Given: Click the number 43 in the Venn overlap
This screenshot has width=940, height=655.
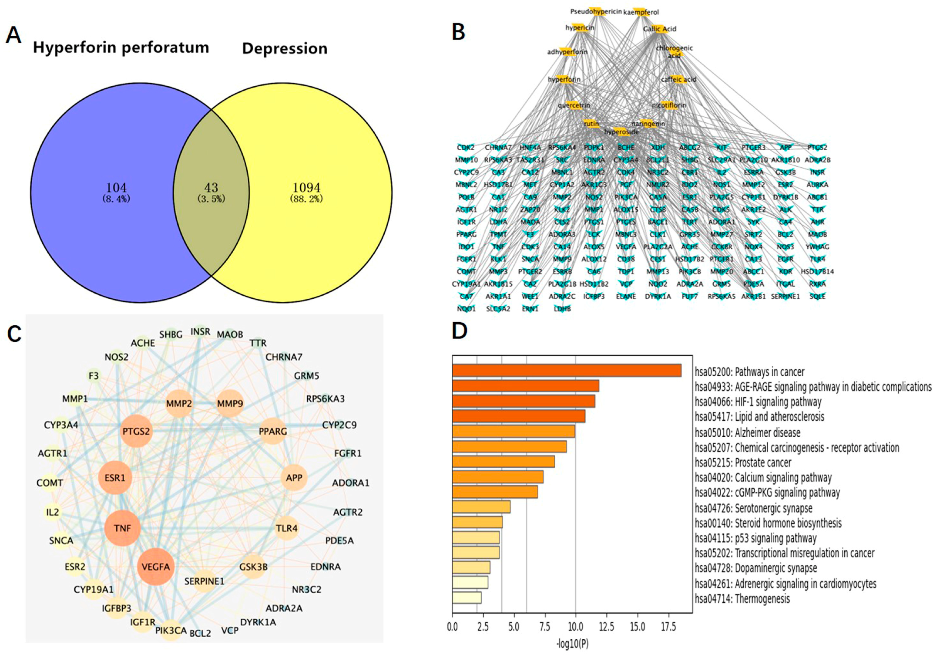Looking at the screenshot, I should (211, 188).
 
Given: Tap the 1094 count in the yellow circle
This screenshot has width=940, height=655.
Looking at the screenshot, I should (306, 188).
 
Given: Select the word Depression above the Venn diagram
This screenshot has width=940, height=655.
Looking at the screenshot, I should (285, 48).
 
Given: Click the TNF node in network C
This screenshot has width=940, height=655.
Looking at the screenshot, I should (122, 528).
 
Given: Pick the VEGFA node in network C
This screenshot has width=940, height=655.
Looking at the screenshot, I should (156, 567).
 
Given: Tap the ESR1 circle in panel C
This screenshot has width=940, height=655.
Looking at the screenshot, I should (115, 478).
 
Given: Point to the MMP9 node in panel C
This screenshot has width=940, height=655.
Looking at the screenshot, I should (230, 404).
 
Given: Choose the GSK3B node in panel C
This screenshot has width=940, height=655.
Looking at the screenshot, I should (253, 567).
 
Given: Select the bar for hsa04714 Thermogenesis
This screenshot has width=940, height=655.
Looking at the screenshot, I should (467, 598).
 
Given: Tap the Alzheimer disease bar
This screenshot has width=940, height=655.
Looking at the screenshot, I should (514, 431).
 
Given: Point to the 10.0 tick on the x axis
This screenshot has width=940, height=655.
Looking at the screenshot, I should (575, 627).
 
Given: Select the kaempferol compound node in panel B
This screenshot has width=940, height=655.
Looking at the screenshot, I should (640, 12).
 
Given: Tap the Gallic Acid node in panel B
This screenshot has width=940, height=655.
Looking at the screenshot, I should (660, 29).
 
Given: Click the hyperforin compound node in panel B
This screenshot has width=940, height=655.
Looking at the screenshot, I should (564, 79).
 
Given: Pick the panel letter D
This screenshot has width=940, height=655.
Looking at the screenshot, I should (460, 331).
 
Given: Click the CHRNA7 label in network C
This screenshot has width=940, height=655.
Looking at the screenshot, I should (284, 357).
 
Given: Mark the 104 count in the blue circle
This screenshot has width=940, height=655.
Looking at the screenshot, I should (116, 188).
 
